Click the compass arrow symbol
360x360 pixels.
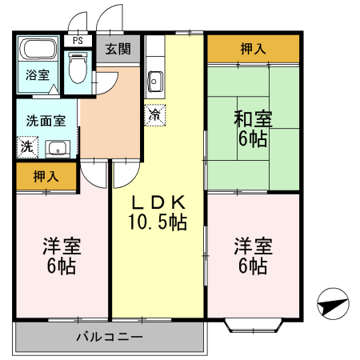point(333,305)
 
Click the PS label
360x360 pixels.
point(78,40)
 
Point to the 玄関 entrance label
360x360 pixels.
point(117,49)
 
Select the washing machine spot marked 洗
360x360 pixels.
point(27,146)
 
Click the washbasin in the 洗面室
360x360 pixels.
point(57,148)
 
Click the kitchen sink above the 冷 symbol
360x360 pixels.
point(155,81)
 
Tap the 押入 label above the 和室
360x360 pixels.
point(253,50)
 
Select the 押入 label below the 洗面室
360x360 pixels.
point(46,176)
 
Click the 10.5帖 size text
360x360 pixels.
point(158,222)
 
